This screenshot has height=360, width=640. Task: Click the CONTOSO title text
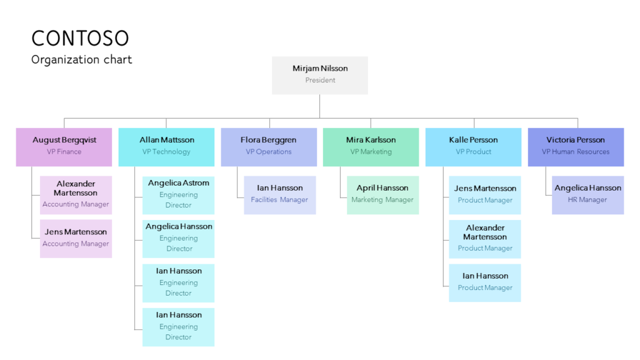click(80, 38)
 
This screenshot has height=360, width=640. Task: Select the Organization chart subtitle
click(81, 60)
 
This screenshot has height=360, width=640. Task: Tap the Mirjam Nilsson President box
click(320, 75)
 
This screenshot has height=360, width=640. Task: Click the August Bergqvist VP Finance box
click(64, 147)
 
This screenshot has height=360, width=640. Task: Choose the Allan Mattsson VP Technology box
click(166, 147)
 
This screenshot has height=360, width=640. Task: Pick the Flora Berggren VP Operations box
click(269, 147)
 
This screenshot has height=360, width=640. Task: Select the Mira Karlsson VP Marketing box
click(371, 147)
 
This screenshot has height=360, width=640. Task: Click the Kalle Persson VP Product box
click(473, 147)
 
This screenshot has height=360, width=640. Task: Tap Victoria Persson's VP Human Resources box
click(576, 147)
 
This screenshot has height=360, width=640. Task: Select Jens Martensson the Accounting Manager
click(76, 238)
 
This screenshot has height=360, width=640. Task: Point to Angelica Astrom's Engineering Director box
click(178, 195)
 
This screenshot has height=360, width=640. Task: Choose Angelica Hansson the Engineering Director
click(178, 238)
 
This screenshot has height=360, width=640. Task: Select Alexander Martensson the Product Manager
click(485, 238)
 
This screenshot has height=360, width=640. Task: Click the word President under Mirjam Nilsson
click(320, 81)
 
